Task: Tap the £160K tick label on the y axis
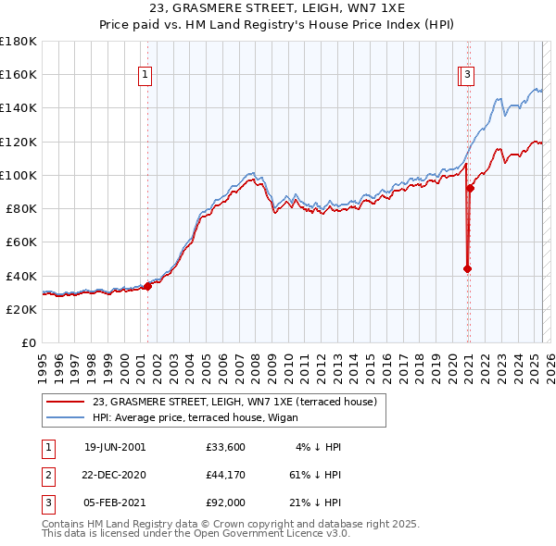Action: [x=19, y=74]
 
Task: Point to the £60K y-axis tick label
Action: [x=21, y=242]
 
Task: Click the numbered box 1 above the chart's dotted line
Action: [x=146, y=77]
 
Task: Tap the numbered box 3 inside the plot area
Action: [x=468, y=77]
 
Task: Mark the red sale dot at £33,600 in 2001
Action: [x=147, y=287]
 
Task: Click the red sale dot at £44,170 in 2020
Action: [x=467, y=269]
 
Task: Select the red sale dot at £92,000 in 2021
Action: [x=470, y=189]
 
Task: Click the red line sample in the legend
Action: [x=66, y=403]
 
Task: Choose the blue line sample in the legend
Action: [x=66, y=417]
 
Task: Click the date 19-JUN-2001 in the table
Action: [x=115, y=447]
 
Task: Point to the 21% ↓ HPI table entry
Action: [x=315, y=503]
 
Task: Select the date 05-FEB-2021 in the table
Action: [x=115, y=503]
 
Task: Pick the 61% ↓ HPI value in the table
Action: [x=315, y=475]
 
